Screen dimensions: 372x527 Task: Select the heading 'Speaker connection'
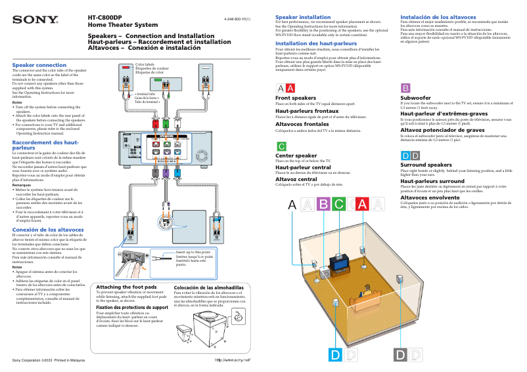pos(39,65)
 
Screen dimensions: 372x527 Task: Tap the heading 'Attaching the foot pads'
pos(126,287)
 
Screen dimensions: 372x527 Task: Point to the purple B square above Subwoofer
pos(405,88)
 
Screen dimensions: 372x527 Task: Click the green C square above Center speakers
pos(281,146)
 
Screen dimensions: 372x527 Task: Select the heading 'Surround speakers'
pos(426,165)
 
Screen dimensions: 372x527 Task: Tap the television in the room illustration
pos(340,262)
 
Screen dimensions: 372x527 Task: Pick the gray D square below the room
pos(400,355)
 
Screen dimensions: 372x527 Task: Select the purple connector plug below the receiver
pos(166,173)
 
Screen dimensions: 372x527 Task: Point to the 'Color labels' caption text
pos(145,65)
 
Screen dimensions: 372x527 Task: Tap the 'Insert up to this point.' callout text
pos(193,251)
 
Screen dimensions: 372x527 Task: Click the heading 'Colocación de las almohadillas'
pos(208,287)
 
